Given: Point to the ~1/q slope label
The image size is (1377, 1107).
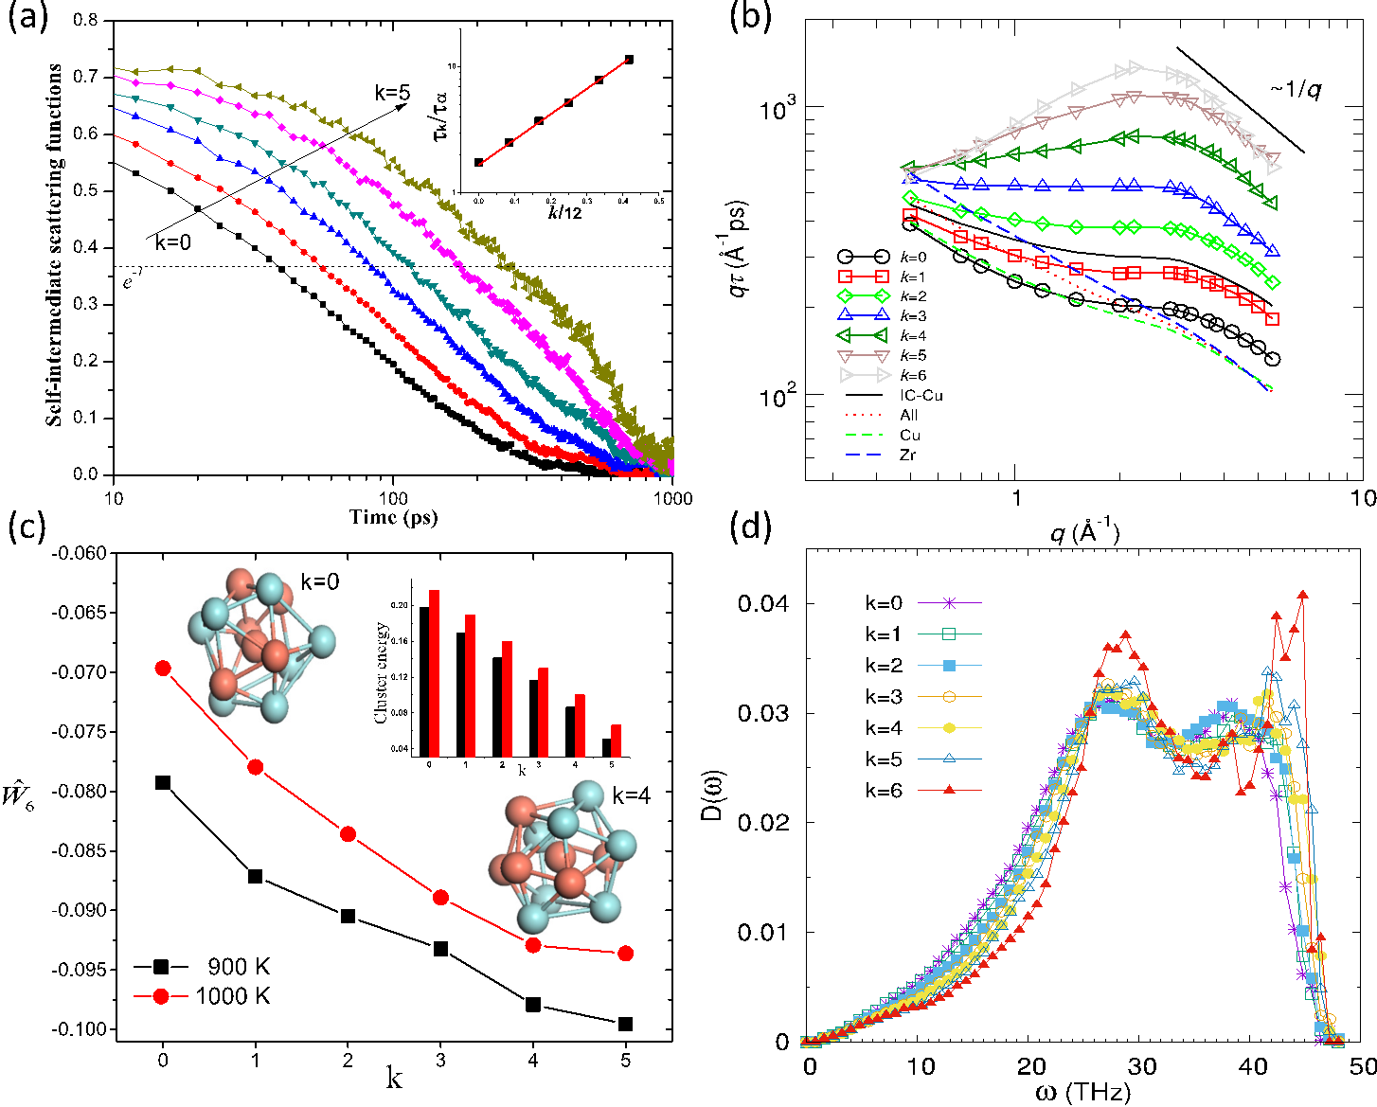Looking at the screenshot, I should click(1296, 90).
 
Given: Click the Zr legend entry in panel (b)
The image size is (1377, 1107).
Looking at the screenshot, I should click(907, 455).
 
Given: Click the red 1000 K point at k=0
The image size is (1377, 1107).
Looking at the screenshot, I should click(163, 669).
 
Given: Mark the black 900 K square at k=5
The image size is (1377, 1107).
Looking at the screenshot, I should click(626, 1024).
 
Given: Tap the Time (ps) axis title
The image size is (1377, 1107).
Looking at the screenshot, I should click(393, 517).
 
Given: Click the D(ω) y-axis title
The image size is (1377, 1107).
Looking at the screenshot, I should click(718, 820).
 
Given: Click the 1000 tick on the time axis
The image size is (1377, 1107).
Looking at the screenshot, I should click(672, 498).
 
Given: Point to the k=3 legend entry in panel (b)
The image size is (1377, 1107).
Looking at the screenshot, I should click(914, 315).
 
